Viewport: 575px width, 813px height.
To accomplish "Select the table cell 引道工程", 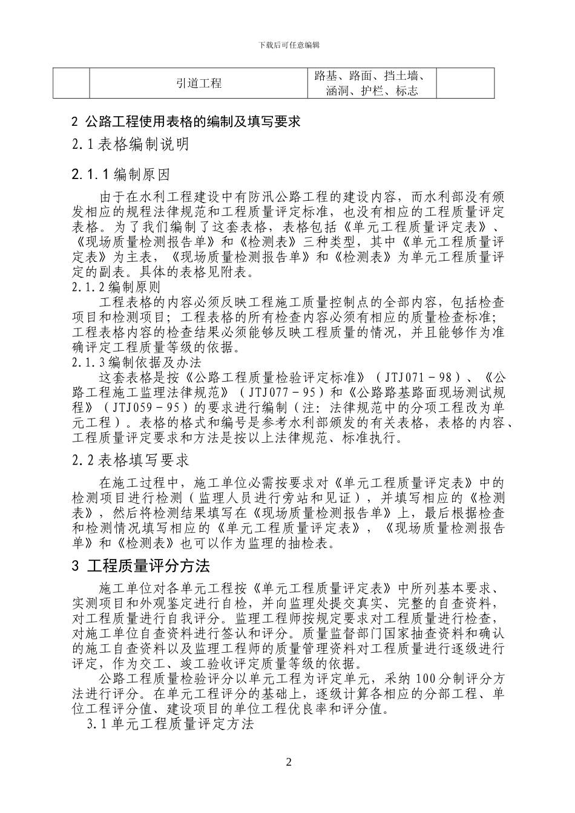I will pos(199,83).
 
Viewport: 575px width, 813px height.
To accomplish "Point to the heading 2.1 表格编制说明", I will pos(130,145).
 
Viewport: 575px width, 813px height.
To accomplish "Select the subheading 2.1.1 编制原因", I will pos(120,175).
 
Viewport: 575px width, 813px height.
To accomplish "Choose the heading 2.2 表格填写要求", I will pos(130,461).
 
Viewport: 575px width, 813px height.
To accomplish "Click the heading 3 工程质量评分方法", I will pos(140,566).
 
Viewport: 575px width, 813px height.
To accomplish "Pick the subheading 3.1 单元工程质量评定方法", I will pos(170,724).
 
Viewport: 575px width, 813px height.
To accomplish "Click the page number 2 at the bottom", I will pos(289,762).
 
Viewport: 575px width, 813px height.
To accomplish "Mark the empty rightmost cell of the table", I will pos(465,83).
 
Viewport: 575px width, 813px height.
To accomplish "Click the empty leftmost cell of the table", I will pos(71,83).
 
